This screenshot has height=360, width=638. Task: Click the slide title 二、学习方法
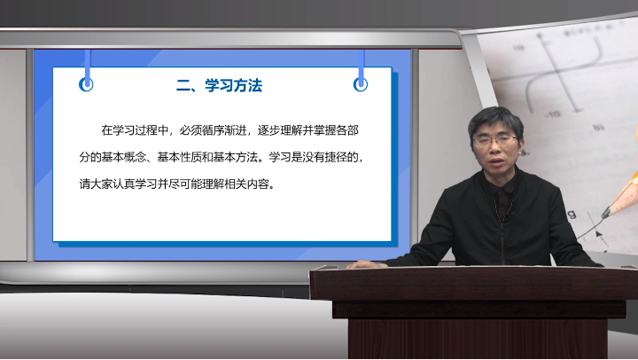(220, 85)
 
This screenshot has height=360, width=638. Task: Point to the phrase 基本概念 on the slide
(124, 157)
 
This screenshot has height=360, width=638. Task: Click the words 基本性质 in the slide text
(179, 157)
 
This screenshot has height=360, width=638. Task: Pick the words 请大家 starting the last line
(96, 184)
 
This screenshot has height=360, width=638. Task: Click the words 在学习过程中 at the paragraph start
(135, 130)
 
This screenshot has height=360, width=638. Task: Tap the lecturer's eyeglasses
(494, 141)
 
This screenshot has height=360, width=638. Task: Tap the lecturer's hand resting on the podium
(365, 264)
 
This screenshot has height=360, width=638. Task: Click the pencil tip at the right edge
(606, 213)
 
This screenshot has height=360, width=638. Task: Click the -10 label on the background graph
(552, 115)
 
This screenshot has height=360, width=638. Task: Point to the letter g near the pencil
(572, 214)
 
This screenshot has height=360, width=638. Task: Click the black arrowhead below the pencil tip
(598, 234)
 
